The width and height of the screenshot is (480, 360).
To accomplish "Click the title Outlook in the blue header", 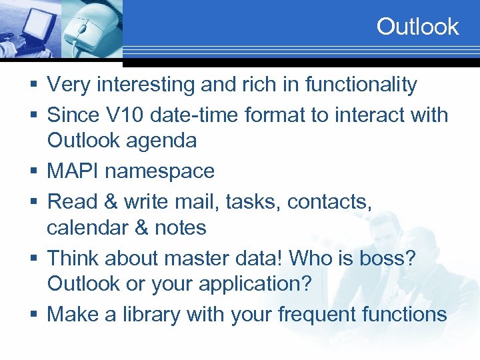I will click(x=417, y=27).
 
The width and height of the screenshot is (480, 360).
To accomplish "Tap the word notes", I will click(x=180, y=228).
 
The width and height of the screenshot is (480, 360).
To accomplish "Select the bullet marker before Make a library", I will click(x=35, y=315).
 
